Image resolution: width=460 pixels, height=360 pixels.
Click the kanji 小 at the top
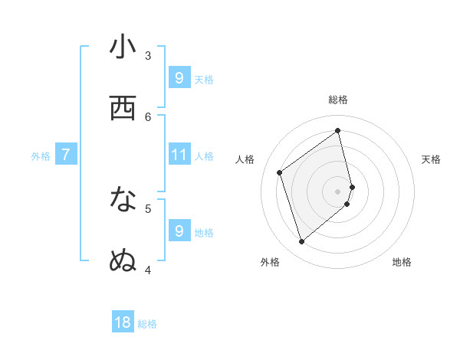[123, 47]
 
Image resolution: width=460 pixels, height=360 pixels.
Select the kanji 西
[123, 109]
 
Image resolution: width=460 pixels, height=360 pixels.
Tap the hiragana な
[123, 200]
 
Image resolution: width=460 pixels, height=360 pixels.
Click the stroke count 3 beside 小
[148, 55]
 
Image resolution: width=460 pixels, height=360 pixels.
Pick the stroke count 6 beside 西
[148, 116]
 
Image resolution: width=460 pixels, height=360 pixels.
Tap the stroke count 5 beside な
[148, 208]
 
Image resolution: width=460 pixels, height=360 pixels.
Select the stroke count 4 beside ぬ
[148, 269]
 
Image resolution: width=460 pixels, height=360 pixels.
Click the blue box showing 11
[179, 155]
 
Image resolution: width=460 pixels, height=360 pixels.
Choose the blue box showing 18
[123, 322]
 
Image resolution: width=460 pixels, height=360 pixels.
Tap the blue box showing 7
[66, 155]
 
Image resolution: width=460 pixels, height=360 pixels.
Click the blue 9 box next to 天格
[179, 78]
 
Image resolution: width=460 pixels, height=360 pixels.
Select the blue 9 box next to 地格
[179, 231]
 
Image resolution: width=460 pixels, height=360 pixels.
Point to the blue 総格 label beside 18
[147, 324]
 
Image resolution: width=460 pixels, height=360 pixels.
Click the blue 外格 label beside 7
[41, 156]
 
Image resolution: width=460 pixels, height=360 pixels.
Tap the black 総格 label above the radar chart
[338, 100]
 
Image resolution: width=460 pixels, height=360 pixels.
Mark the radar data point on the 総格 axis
[338, 130]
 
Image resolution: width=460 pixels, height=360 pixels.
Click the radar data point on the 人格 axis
[280, 172]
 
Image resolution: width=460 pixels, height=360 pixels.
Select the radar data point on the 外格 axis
[301, 242]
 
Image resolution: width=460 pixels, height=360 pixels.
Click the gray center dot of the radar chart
[338, 191]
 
